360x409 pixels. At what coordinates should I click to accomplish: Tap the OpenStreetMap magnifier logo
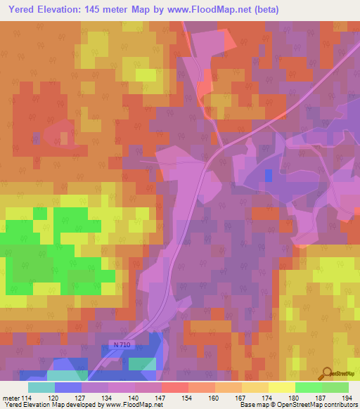coord(327,374)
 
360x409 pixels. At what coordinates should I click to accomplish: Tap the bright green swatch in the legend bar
coord(308,387)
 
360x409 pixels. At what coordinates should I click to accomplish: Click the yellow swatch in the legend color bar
coord(281,387)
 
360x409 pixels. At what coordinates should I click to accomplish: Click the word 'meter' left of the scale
coord(11,398)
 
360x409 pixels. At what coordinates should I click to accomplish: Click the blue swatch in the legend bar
coord(67,387)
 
